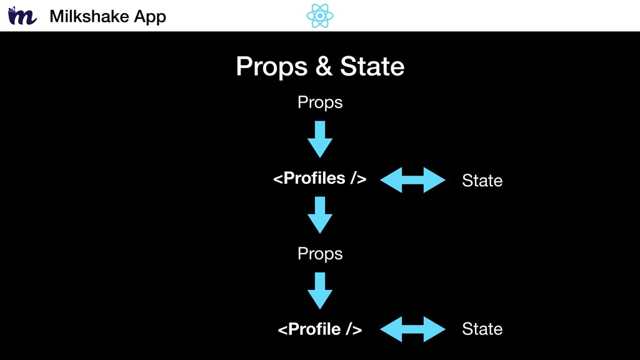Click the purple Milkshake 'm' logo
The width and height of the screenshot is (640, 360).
coord(22,16)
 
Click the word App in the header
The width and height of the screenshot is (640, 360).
coord(150,17)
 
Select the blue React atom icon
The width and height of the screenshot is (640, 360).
coord(320,16)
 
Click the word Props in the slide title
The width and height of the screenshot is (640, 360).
coord(271,66)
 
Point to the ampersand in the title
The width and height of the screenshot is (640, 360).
coord(324,66)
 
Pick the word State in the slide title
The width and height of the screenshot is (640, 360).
coord(372,66)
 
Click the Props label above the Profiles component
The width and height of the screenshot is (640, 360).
coord(320,102)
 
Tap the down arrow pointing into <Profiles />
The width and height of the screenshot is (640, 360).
coord(319,139)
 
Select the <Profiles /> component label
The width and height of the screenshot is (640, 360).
coord(320,178)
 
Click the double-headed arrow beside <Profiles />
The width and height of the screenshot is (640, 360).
coord(412,179)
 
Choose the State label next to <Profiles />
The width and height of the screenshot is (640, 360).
coord(482,181)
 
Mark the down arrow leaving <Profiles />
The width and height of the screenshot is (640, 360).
coord(319,215)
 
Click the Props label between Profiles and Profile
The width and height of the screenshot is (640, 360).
coord(320,254)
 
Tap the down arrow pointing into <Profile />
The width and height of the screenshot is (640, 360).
coord(319,291)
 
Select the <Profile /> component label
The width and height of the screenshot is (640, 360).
coord(320,329)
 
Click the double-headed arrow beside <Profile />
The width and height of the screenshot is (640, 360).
coord(412,329)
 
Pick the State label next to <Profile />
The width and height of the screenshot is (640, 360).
coord(482,329)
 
